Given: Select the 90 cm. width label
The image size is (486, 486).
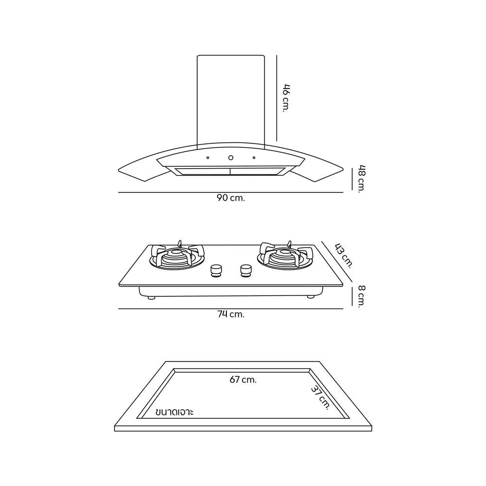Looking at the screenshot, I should [231, 198].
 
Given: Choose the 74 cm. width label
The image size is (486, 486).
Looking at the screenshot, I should [230, 314].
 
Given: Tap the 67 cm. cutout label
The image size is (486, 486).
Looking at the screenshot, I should [243, 380].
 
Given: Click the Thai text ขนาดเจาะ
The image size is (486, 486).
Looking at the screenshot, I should [174, 412].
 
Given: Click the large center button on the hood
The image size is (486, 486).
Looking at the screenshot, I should [231, 157].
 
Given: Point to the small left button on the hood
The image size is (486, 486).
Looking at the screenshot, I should [208, 157].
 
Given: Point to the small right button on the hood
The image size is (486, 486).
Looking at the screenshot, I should [254, 157].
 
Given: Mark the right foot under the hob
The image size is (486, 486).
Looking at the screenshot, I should [310, 296].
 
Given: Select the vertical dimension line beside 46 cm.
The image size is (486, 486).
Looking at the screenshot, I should [277, 97].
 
